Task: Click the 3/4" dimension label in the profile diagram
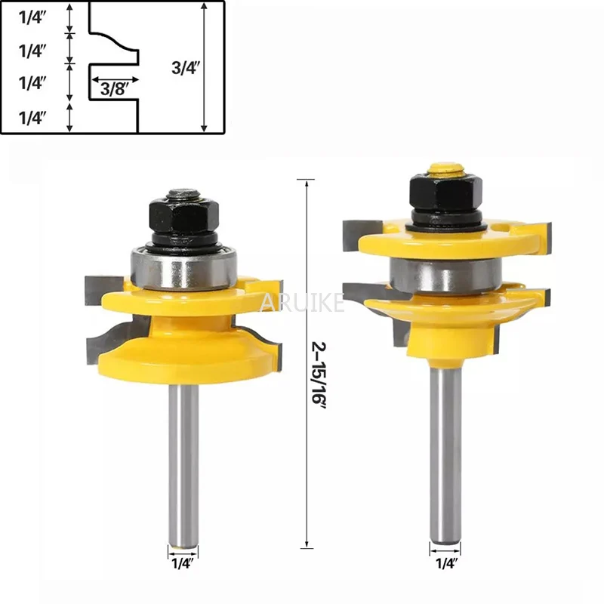tap(185, 68)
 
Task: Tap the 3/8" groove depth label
tap(115, 90)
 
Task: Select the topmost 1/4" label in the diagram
tap(32, 18)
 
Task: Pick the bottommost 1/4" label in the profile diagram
tap(32, 118)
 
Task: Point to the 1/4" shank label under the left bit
tap(182, 563)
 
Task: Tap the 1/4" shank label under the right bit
tap(446, 563)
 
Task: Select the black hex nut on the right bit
tap(446, 196)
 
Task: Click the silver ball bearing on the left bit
tap(183, 269)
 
